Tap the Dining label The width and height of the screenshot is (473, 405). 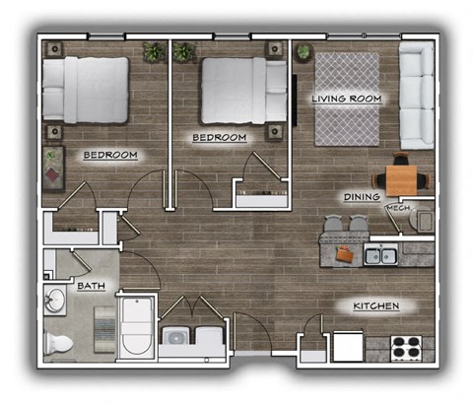coord(362,198)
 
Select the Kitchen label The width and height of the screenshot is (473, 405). coord(375,306)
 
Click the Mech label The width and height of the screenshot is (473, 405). coord(398,209)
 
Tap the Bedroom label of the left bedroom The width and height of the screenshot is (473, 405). coord(109,156)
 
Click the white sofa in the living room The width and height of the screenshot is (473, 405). coord(417,94)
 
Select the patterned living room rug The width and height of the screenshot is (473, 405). coord(346,99)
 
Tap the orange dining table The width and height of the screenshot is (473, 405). coord(403,178)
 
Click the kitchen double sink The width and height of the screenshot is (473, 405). coord(381,256)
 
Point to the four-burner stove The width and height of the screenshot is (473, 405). coord(405,347)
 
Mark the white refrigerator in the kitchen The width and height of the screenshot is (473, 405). coord(347,347)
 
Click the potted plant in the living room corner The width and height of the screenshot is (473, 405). coord(304,50)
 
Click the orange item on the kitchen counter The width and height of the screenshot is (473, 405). coord(344,253)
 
